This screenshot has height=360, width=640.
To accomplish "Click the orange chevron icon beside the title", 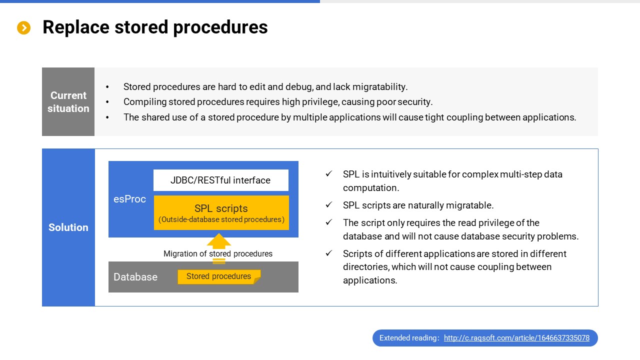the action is coord(23,27).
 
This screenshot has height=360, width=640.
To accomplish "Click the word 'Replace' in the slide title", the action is coord(76,27).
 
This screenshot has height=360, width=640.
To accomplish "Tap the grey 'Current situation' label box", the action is coord(68,101).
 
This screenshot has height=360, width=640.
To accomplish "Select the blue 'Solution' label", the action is coord(68,227).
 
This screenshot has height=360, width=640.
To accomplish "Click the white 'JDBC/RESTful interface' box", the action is coord(221,180).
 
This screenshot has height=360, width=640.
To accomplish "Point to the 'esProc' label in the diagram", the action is coord(129,199).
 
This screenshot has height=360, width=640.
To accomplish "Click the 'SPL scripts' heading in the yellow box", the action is coord(221,208).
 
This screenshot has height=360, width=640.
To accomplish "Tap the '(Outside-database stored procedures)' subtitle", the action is coord(221,219).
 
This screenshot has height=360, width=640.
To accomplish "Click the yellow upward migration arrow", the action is coord(219,241).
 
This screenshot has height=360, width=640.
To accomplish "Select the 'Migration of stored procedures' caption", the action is coord(218,253).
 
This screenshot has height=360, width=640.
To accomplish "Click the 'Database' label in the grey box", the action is coord(135,277).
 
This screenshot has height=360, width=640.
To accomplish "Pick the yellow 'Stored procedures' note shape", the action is coord(219,276).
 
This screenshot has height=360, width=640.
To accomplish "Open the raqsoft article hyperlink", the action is coord(516,338).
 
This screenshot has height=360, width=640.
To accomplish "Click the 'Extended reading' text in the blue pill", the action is coord(409,338).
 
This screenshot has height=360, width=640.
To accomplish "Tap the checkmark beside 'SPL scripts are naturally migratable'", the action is coord(329,204).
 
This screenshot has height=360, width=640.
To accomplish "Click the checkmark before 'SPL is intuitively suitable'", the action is coord(329,173).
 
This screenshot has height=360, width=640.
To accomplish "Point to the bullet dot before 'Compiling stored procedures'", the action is coord(107,101).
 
